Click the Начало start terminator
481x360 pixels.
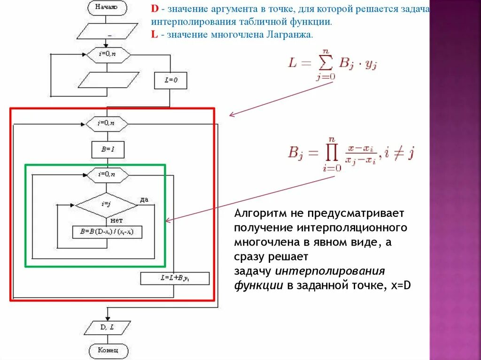point(107,7)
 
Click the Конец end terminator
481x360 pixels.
point(107,350)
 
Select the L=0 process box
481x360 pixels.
point(171,81)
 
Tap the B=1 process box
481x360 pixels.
point(108,150)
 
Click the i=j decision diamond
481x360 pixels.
point(107,205)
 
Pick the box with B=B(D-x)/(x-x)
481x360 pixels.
point(107,232)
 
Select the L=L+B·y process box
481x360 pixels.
point(171,278)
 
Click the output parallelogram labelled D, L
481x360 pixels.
point(107,328)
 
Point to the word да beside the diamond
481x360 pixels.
point(144,199)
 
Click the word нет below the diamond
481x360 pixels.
point(117,220)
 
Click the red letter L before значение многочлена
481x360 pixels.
point(154,35)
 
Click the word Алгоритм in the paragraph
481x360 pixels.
point(256,214)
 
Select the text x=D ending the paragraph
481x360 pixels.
point(401,285)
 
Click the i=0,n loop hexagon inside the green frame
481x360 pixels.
point(107,175)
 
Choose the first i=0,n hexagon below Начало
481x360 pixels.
point(107,54)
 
